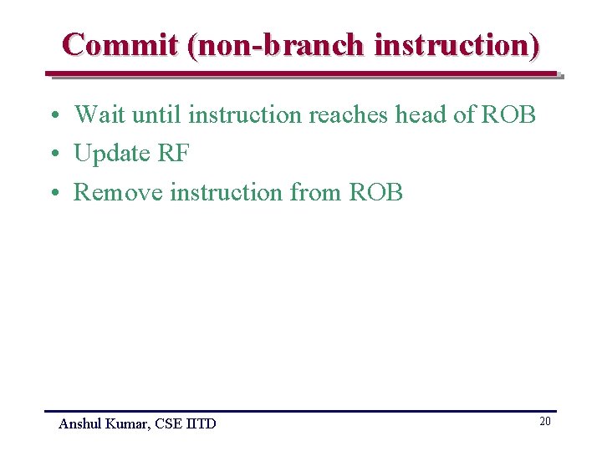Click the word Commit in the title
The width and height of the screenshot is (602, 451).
pyautogui.click(x=120, y=44)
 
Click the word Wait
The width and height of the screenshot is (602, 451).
pyautogui.click(x=100, y=114)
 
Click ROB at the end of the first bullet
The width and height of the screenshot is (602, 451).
pyautogui.click(x=508, y=114)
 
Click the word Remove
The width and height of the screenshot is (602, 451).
pyautogui.click(x=119, y=193)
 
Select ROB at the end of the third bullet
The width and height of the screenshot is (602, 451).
pyautogui.click(x=376, y=193)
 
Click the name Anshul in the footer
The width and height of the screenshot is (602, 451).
pyautogui.click(x=79, y=424)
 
